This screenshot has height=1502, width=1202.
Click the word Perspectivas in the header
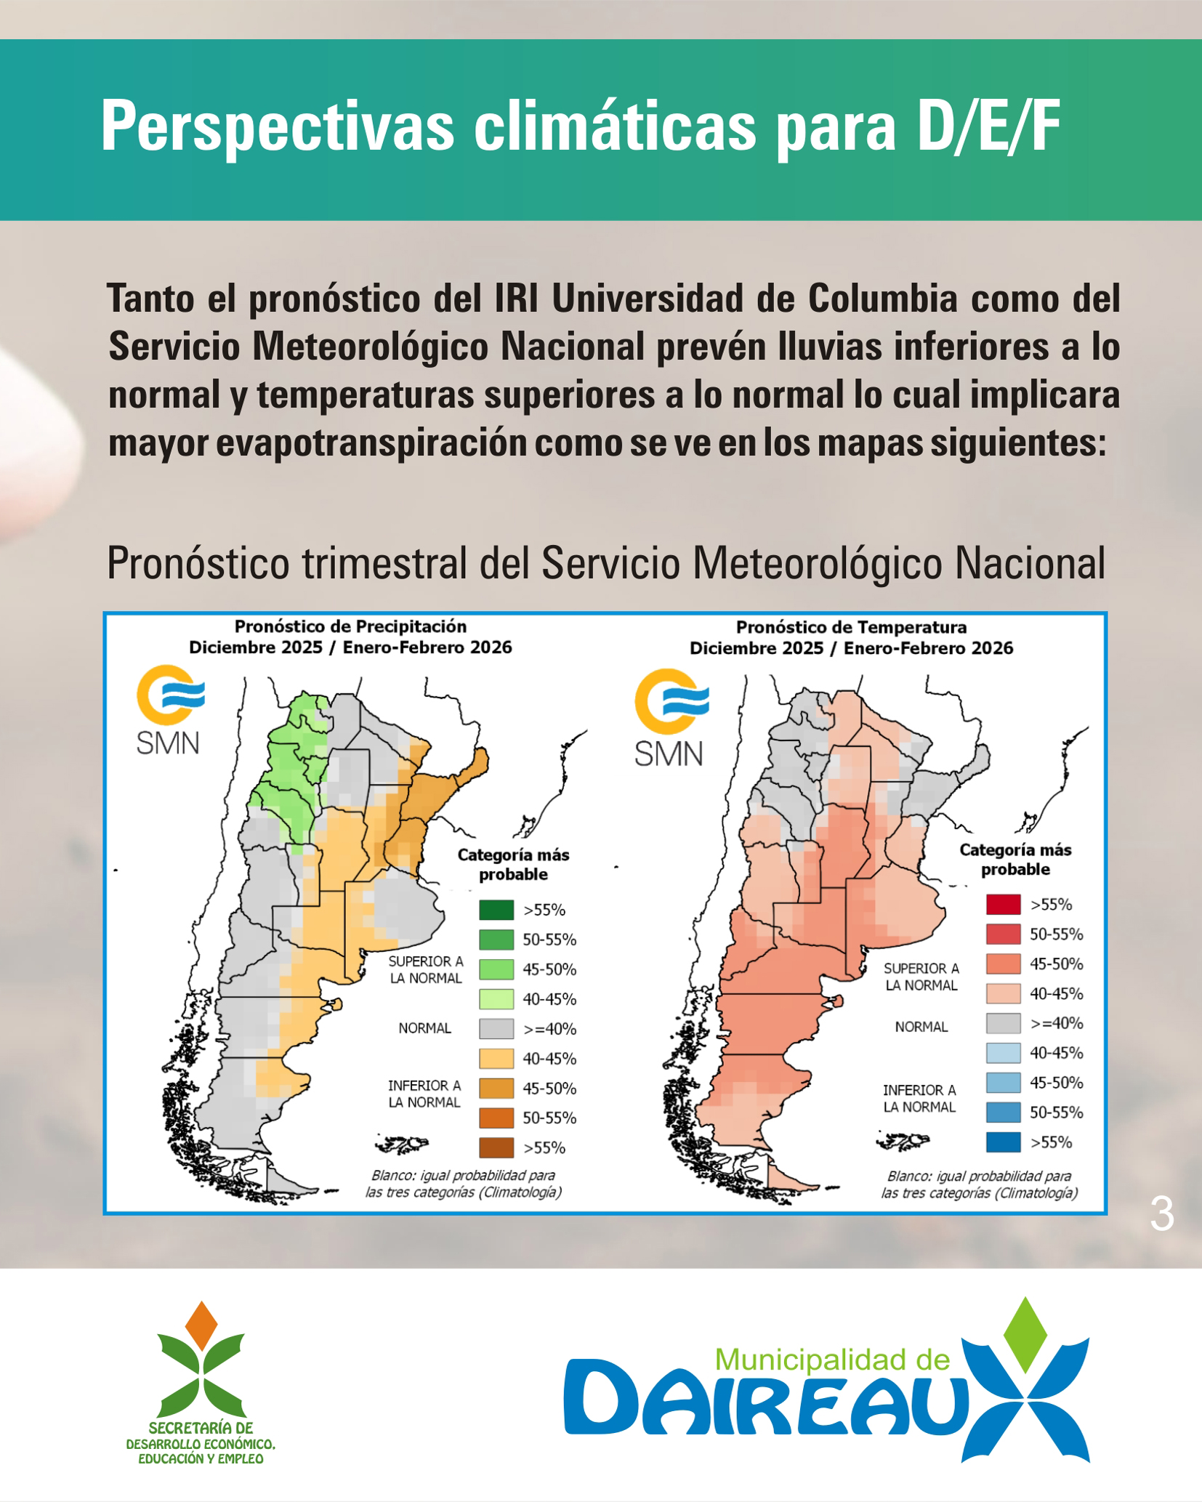tap(277, 127)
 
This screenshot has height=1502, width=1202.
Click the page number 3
tap(1161, 1214)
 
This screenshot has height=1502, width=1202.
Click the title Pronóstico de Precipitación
tap(350, 626)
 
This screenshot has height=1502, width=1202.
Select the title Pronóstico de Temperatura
tap(851, 627)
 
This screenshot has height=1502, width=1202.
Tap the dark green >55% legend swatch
tap(496, 910)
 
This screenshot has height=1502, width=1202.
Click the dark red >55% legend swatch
tap(1004, 905)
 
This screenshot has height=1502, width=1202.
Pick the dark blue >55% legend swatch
tap(1004, 1142)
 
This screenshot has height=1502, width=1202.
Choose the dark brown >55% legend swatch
tap(496, 1147)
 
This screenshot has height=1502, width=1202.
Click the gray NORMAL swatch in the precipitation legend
tap(496, 1029)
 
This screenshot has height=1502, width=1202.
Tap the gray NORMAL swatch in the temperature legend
tap(1004, 1023)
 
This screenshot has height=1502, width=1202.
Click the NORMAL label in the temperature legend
tap(921, 1027)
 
